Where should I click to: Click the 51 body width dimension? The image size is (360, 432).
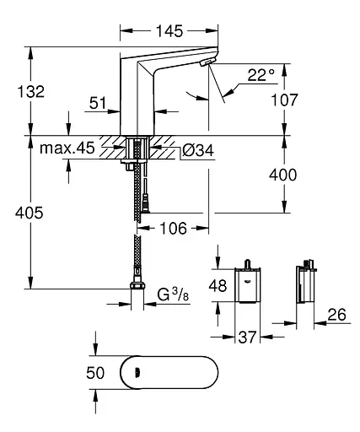coord(98,103)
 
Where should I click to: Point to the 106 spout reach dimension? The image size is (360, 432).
coord(174,228)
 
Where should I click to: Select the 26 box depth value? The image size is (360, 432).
coord(337,316)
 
